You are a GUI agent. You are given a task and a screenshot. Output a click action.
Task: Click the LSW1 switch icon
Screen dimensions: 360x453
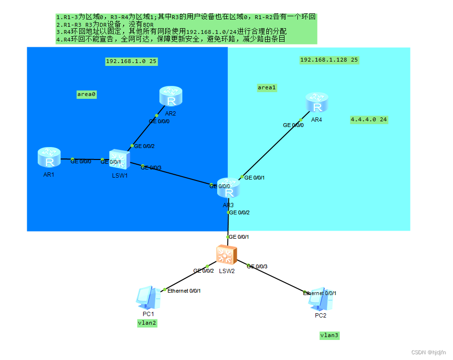[x=118, y=160]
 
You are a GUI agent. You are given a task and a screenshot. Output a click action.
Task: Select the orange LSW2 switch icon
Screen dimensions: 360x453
[x=225, y=255]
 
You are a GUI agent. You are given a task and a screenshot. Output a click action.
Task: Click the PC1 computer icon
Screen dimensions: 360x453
[x=148, y=298]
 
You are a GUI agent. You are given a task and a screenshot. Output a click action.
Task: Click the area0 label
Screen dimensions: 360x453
[x=87, y=95]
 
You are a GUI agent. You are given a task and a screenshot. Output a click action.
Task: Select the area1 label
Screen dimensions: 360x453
[x=267, y=87]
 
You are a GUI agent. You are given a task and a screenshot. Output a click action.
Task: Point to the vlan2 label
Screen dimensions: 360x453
[x=147, y=323]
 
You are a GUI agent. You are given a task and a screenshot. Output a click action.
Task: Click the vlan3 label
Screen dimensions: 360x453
[x=329, y=336]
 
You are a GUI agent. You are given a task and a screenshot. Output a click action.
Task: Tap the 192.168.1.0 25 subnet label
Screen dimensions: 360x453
[x=131, y=61]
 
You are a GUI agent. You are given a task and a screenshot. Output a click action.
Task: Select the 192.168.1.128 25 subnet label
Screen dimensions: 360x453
[x=329, y=60]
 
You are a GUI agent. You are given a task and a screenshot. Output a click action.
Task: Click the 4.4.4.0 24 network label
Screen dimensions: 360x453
[x=369, y=119]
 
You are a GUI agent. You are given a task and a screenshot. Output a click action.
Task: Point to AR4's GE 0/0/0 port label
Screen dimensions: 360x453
[x=293, y=125]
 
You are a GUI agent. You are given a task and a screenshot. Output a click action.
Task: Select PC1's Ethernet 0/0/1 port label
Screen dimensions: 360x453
[x=184, y=290]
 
